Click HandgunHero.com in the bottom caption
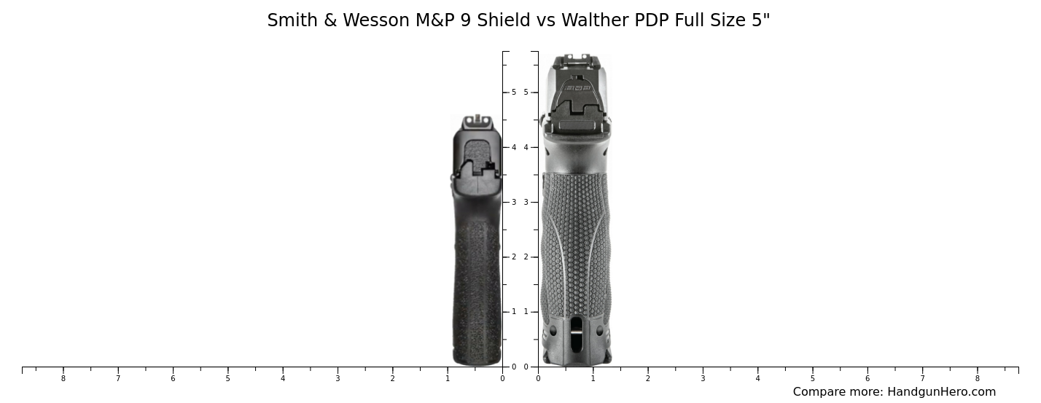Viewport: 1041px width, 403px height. [x=941, y=392]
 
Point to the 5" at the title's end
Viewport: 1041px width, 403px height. [x=760, y=20]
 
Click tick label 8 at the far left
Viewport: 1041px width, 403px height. [x=63, y=378]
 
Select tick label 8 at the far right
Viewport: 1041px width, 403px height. [x=978, y=378]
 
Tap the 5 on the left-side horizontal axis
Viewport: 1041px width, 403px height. [x=227, y=378]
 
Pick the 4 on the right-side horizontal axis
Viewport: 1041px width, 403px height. [x=757, y=378]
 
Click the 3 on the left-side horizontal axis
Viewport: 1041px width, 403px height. [x=338, y=378]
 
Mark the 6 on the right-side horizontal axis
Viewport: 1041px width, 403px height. [x=867, y=378]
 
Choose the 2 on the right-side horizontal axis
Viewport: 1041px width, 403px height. [x=647, y=378]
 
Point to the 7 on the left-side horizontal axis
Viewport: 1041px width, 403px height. [x=117, y=378]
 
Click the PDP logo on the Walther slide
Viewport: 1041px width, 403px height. [x=577, y=88]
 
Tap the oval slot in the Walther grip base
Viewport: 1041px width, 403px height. [x=577, y=334]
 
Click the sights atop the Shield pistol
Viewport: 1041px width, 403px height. [x=478, y=120]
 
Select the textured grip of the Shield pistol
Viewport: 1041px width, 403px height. [x=477, y=292]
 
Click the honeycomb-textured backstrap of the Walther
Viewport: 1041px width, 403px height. [x=576, y=240]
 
